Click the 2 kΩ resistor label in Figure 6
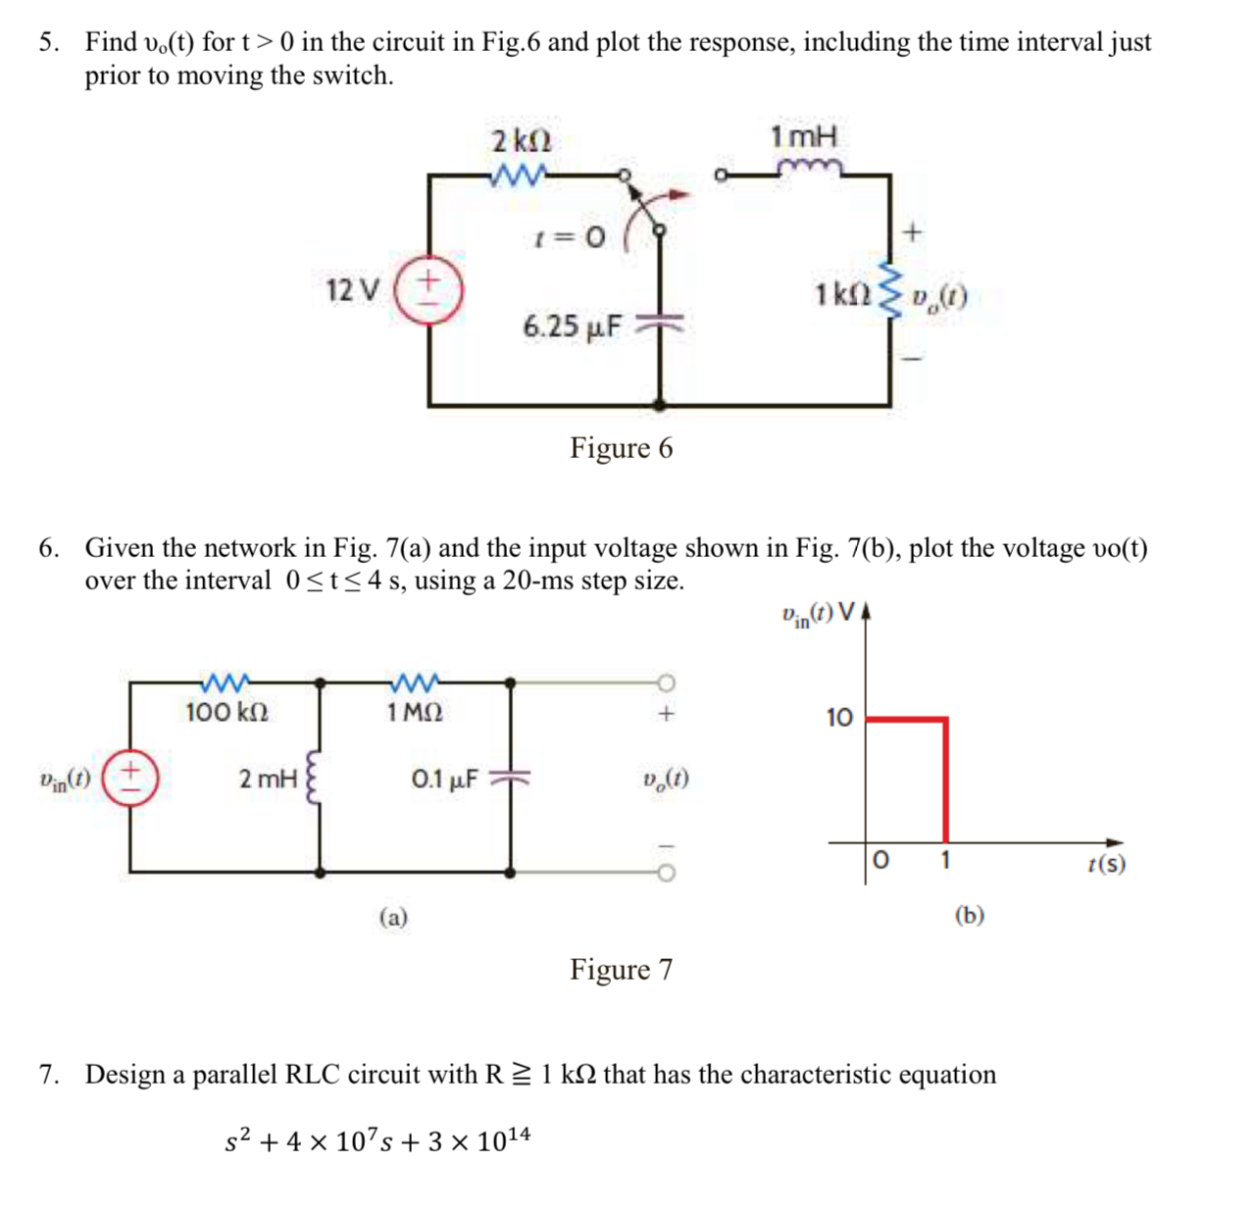point(515,141)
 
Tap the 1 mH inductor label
point(804,136)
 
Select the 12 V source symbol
point(428,289)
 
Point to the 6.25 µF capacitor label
point(572,326)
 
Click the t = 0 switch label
point(569,236)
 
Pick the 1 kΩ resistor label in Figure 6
point(841,293)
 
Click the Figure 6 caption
point(622,448)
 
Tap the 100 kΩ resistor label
point(227,712)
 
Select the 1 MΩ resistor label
point(415,712)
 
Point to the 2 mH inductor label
point(268,780)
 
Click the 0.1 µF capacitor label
point(445,780)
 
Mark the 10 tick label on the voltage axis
point(839,718)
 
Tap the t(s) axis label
point(1106,864)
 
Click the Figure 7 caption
point(622,970)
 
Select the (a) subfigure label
point(393,917)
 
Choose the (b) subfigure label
point(969,915)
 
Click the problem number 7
point(47,1075)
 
